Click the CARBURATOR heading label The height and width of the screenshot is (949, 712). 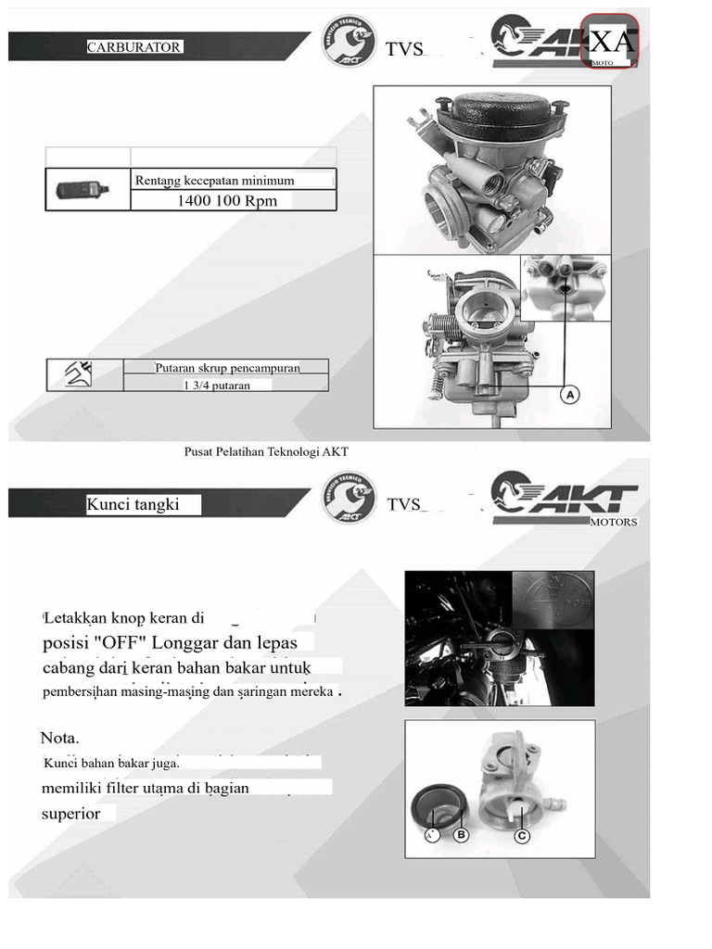[134, 47]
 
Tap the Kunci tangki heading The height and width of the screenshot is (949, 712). [133, 505]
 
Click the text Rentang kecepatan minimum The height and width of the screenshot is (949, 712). [214, 181]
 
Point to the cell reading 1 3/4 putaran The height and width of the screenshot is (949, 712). [217, 386]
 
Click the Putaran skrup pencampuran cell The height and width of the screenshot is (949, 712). [227, 367]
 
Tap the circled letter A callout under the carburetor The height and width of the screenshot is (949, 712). [570, 395]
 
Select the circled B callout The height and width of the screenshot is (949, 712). [461, 835]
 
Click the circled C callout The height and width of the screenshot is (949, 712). [522, 835]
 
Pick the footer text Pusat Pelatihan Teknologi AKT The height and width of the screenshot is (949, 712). [266, 451]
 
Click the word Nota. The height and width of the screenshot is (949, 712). [60, 739]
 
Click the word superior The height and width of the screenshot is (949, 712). [71, 814]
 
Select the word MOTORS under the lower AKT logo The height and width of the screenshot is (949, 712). [614, 522]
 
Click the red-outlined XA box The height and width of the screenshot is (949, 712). [611, 42]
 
